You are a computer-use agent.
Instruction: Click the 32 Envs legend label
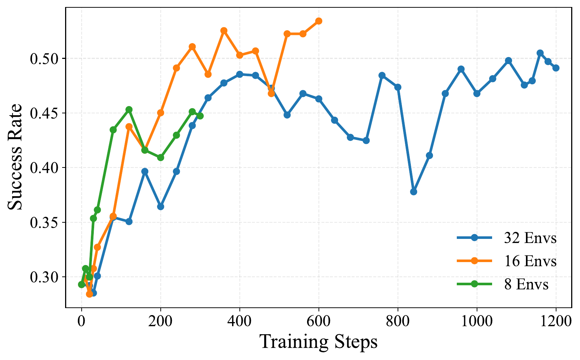[530, 238]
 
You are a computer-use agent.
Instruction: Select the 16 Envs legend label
[530, 261]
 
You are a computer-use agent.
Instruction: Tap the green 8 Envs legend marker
[474, 284]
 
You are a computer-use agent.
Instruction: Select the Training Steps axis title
[319, 342]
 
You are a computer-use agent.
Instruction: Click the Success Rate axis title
[15, 157]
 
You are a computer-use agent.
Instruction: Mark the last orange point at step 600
[319, 21]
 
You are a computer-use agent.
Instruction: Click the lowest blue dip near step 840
[413, 192]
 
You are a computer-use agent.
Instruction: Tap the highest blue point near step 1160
[540, 53]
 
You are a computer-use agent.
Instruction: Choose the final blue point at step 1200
[556, 68]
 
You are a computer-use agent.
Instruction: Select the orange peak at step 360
[224, 31]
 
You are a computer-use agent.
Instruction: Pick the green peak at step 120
[129, 110]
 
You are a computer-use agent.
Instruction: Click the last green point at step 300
[200, 116]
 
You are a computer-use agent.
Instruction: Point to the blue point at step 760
[382, 75]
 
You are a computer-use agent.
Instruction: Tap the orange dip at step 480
[271, 93]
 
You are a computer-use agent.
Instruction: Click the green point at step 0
[81, 285]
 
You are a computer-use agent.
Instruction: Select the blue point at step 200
[160, 207]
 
